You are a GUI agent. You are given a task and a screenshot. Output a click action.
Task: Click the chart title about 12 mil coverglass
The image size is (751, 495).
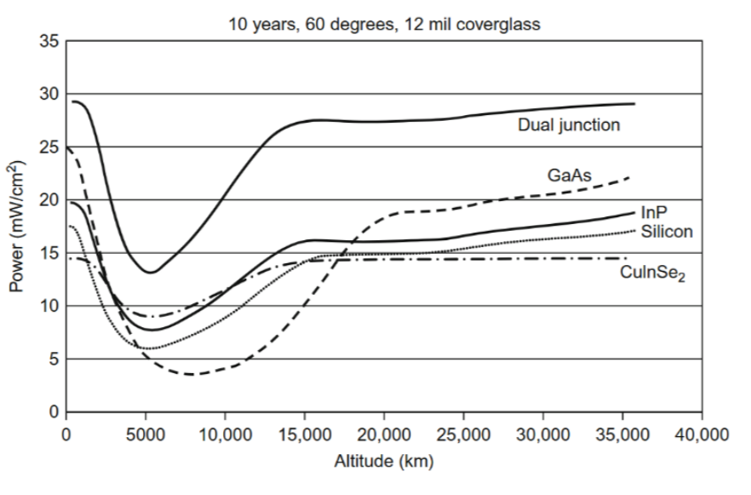[383, 24]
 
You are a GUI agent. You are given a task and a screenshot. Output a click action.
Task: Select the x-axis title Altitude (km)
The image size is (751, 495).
[383, 463]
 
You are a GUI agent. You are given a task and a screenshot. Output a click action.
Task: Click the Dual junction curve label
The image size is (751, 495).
[568, 125]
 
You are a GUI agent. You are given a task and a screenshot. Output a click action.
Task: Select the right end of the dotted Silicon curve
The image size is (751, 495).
[635, 230]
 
